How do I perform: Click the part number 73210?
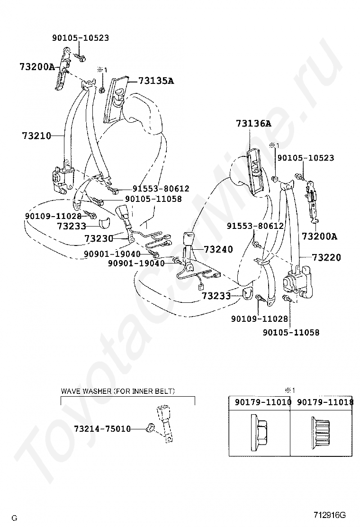(x=36, y=136)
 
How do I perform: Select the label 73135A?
(x=156, y=81)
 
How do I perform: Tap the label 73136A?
(x=253, y=124)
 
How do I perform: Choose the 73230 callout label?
(x=99, y=238)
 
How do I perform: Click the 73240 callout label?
(x=218, y=249)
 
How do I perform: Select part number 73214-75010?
(x=102, y=429)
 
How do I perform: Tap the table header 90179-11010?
(x=260, y=402)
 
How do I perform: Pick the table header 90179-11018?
(x=325, y=402)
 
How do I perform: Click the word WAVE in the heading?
(x=71, y=391)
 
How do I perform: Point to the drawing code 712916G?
(x=329, y=515)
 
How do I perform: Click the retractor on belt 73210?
(x=62, y=177)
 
